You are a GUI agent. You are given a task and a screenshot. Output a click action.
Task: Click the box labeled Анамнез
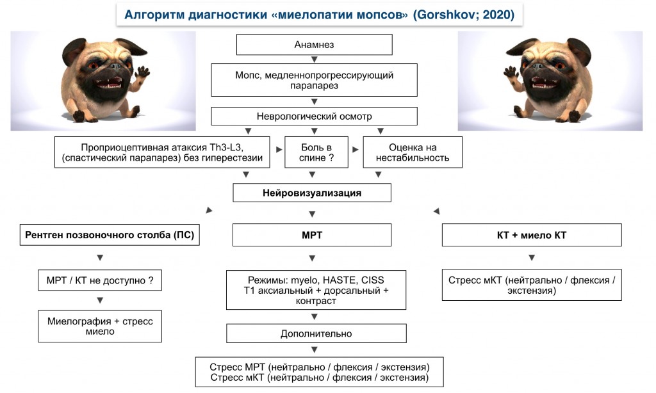pos(314,45)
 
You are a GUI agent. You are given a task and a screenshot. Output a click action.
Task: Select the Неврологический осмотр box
pos(314,116)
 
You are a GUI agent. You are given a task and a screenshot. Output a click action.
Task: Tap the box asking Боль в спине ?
pos(316,152)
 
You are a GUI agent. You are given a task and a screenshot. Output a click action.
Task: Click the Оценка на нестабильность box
pos(413,152)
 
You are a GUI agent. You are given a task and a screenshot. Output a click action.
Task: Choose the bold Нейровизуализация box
pos(312,193)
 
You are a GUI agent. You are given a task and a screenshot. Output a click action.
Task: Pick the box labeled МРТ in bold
pos(312,235)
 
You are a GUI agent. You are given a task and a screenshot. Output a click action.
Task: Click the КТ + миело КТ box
pos(532,235)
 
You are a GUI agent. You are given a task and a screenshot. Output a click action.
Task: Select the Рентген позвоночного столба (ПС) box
pos(110,235)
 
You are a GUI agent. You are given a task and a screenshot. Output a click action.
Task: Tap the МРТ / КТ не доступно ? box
pos(100,280)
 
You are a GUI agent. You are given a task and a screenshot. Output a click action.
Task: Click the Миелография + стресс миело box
pos(100,326)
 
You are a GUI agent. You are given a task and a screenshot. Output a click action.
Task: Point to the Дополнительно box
pos(316,333)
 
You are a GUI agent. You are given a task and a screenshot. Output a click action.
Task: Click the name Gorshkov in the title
pos(446,15)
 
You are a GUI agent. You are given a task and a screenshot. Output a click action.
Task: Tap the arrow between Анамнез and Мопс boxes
pos(314,60)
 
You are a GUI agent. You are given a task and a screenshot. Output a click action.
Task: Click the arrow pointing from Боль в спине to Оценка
pos(356,149)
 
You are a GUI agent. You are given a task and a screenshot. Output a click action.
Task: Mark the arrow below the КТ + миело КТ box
pos(532,257)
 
